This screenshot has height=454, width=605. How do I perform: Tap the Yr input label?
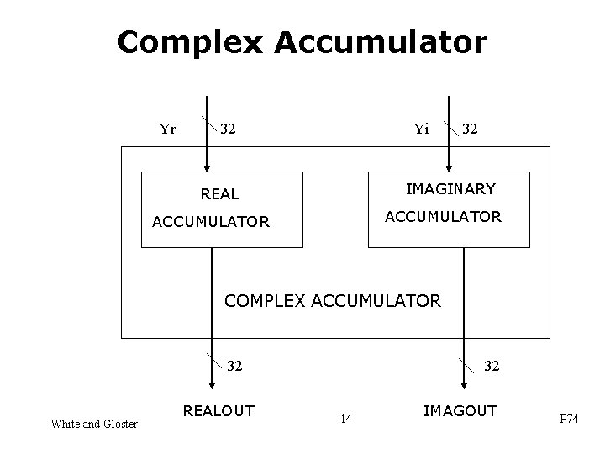tap(167, 129)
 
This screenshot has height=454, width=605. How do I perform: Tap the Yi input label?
tap(421, 129)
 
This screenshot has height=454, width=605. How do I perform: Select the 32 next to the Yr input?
tap(228, 129)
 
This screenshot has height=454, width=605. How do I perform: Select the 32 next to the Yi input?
tap(471, 129)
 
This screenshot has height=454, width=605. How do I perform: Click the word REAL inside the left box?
tap(219, 194)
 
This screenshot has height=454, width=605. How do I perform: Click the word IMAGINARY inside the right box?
tap(450, 188)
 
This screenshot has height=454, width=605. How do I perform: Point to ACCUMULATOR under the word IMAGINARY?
tap(443, 217)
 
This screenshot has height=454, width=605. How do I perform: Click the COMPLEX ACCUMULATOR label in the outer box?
tap(333, 300)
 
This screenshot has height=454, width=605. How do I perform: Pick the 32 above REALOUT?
tap(235, 366)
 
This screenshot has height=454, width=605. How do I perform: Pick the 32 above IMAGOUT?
tap(492, 366)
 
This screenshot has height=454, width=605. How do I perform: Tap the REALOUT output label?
tap(218, 411)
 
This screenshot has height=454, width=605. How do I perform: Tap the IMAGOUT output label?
tap(460, 411)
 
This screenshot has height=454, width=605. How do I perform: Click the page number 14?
tap(345, 418)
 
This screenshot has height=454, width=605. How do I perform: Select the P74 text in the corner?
tap(570, 420)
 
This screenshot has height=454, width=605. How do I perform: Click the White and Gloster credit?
tap(94, 425)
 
